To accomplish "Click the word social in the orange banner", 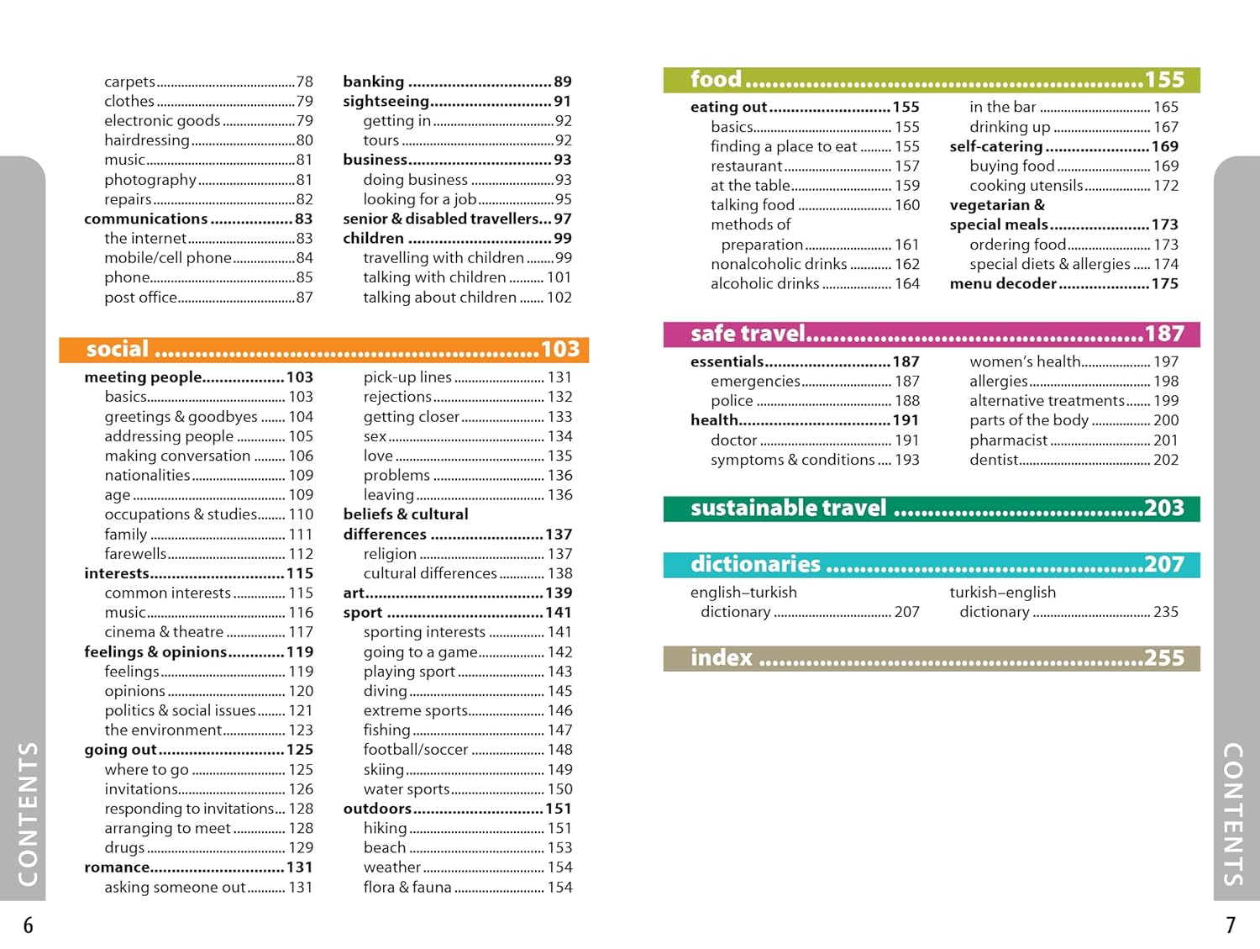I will pyautogui.click(x=118, y=350).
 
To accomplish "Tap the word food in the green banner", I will pyautogui.click(x=716, y=80).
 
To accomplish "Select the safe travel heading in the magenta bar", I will pyautogui.click(x=748, y=335).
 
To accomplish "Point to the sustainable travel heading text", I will pyautogui.click(x=788, y=509).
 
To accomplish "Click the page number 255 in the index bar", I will pyautogui.click(x=1163, y=658).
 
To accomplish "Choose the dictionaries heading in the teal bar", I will pyautogui.click(x=755, y=565).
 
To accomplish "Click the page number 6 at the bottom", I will pyautogui.click(x=28, y=925).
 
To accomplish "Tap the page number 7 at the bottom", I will pyautogui.click(x=1231, y=925).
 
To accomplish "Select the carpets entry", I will pyautogui.click(x=129, y=82).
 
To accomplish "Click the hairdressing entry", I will pyautogui.click(x=147, y=140).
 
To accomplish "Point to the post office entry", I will pyautogui.click(x=140, y=298).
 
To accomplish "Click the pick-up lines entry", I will pyautogui.click(x=407, y=377).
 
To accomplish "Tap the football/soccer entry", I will pyautogui.click(x=415, y=750).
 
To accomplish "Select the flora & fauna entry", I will pyautogui.click(x=407, y=888).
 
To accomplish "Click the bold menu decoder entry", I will pyautogui.click(x=1003, y=284).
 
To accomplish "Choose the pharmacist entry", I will pyautogui.click(x=1008, y=440).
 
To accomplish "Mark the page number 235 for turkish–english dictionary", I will pyautogui.click(x=1166, y=612).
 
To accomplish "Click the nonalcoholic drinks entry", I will pyautogui.click(x=779, y=264).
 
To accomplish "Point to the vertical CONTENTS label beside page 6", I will pyautogui.click(x=28, y=813).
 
